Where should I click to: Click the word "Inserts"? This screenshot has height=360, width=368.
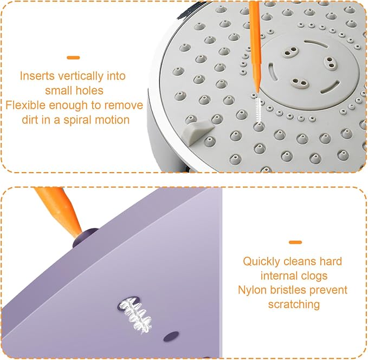click(x=37, y=76)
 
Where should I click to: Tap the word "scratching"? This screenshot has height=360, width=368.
click(x=294, y=305)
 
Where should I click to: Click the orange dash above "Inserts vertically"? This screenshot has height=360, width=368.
click(x=73, y=58)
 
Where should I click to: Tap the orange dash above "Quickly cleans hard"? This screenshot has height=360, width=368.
click(x=295, y=243)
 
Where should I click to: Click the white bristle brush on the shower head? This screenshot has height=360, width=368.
click(x=259, y=109)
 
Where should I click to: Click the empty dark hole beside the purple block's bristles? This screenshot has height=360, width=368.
click(x=171, y=336)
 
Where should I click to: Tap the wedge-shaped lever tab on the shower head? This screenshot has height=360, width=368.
click(x=197, y=130)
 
